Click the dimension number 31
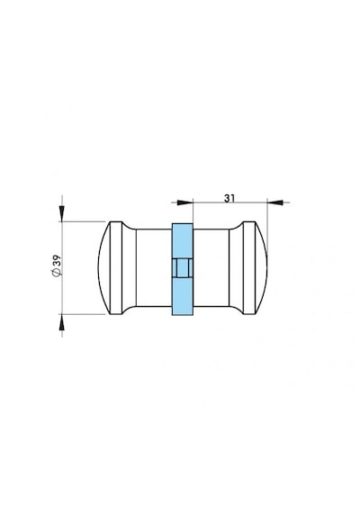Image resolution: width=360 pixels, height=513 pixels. point(229,198)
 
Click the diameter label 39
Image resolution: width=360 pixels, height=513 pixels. point(57,260)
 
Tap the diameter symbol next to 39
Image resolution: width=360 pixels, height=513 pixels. point(57,272)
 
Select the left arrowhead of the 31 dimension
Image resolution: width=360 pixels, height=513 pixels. point(184,202)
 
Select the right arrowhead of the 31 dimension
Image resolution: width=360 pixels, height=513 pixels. point(274,202)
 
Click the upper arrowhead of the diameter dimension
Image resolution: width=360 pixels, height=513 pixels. point(62,213)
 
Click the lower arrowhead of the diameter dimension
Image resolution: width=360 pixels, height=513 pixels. point(62,322)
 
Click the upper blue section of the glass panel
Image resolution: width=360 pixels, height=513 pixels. point(183,241)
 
